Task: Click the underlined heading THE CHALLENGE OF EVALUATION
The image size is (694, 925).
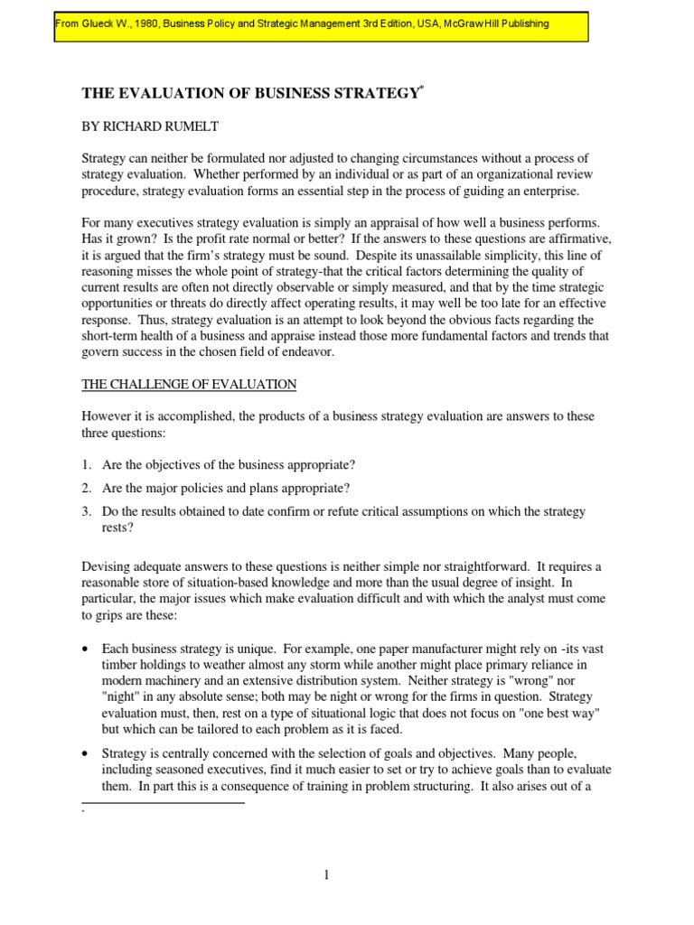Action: [189, 384]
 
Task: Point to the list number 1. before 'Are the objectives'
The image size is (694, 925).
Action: [88, 464]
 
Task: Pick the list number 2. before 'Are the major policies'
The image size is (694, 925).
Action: [88, 489]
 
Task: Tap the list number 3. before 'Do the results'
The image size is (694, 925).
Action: [88, 512]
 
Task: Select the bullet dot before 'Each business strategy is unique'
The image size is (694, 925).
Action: [85, 649]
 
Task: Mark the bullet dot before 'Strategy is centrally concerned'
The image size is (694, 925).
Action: [85, 754]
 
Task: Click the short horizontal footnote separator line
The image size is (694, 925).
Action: [163, 801]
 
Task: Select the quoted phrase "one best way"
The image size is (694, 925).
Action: [566, 713]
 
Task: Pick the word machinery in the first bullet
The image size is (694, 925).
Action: [169, 680]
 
